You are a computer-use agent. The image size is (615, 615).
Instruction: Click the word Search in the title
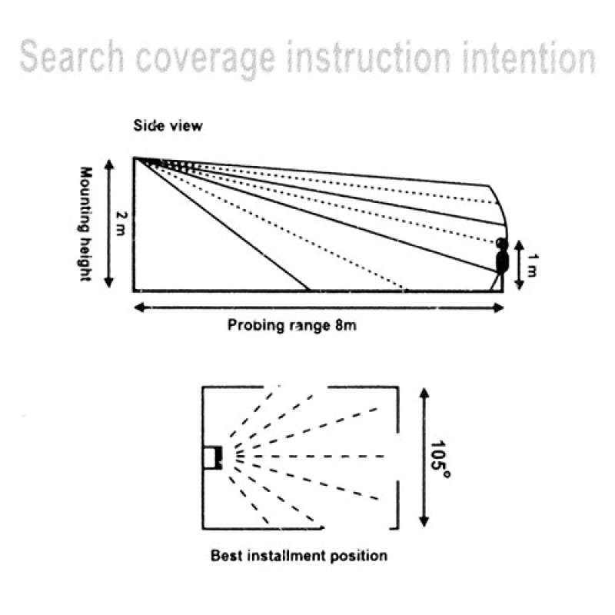click(72, 57)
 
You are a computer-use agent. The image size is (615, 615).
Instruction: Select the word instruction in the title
click(369, 57)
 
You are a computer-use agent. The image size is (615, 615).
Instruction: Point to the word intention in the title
click(529, 58)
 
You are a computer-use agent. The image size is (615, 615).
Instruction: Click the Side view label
click(168, 125)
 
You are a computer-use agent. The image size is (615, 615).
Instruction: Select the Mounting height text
click(86, 224)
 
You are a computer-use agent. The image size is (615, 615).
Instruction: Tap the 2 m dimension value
click(121, 224)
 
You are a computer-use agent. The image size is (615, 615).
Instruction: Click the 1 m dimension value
click(532, 265)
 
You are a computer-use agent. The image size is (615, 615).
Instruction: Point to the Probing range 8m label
click(292, 325)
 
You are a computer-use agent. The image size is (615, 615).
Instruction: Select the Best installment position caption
click(299, 556)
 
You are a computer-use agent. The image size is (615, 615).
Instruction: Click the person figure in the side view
click(500, 264)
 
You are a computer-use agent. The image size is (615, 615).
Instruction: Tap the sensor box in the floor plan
click(213, 457)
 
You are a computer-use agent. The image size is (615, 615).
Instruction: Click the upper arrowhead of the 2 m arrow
click(109, 163)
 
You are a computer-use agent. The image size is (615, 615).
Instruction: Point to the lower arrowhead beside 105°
click(424, 521)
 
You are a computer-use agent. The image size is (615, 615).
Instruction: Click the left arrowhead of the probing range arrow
click(139, 307)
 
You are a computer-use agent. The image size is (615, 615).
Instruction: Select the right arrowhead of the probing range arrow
click(498, 307)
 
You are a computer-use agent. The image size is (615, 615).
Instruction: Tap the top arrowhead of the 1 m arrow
click(519, 245)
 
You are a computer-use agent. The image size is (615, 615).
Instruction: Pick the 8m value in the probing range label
click(346, 325)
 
